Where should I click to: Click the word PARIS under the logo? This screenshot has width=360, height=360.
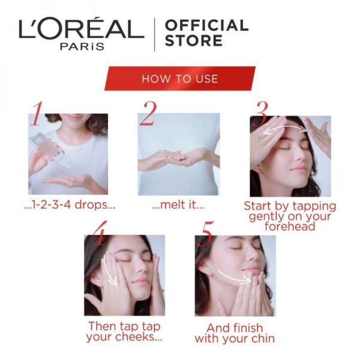point(82,47)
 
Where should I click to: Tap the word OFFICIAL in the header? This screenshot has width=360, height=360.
point(206,25)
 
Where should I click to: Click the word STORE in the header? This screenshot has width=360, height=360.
point(194,41)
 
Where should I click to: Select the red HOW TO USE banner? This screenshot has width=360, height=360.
point(180,79)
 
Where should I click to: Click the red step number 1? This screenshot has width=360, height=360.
point(37,114)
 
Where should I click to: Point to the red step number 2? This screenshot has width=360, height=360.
point(148,113)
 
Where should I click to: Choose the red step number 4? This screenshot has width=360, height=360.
point(99,233)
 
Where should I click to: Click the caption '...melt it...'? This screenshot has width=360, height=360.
point(178,205)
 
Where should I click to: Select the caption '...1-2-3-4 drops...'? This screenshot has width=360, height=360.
point(70,205)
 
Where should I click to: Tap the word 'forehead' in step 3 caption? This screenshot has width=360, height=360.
point(290,226)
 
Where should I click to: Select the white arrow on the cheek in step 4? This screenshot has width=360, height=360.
point(108,271)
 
